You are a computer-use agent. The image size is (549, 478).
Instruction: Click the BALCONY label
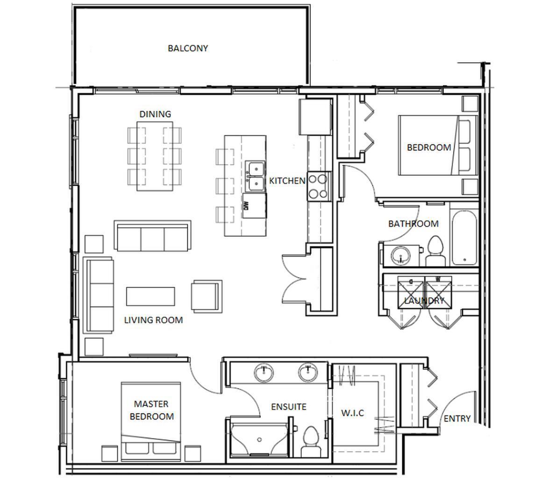point(188,48)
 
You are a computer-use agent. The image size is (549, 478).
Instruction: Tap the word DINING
point(155,114)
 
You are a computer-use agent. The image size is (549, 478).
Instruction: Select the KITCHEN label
point(287,181)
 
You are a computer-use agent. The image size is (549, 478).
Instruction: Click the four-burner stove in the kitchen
point(319,186)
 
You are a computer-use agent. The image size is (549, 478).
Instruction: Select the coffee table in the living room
point(150,296)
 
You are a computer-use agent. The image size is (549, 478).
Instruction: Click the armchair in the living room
point(206,295)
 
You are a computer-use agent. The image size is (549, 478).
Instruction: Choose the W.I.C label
point(352,413)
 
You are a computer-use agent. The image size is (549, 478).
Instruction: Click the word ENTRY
point(457,419)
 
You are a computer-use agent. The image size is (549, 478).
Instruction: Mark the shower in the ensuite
point(259,439)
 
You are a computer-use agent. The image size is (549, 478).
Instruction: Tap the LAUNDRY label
point(424,300)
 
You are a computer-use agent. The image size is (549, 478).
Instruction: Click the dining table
point(155,156)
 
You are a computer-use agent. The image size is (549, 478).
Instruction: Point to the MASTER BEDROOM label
point(151,410)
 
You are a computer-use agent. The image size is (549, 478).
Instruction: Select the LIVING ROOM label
point(153,320)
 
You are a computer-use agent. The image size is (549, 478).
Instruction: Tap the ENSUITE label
point(289,407)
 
